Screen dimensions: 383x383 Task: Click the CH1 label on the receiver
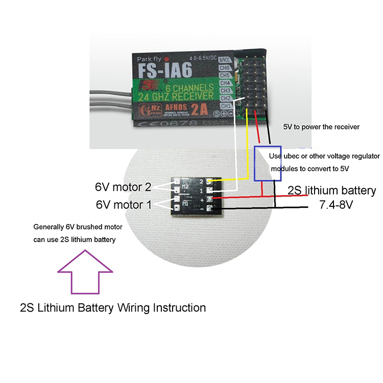point(225,106)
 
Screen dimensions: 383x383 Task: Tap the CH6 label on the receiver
point(225,67)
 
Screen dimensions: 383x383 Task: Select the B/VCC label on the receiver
point(225,60)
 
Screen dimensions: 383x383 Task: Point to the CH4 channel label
point(225,83)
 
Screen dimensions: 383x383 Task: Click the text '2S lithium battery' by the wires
point(332,191)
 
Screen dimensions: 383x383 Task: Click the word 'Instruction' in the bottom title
point(176,308)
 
